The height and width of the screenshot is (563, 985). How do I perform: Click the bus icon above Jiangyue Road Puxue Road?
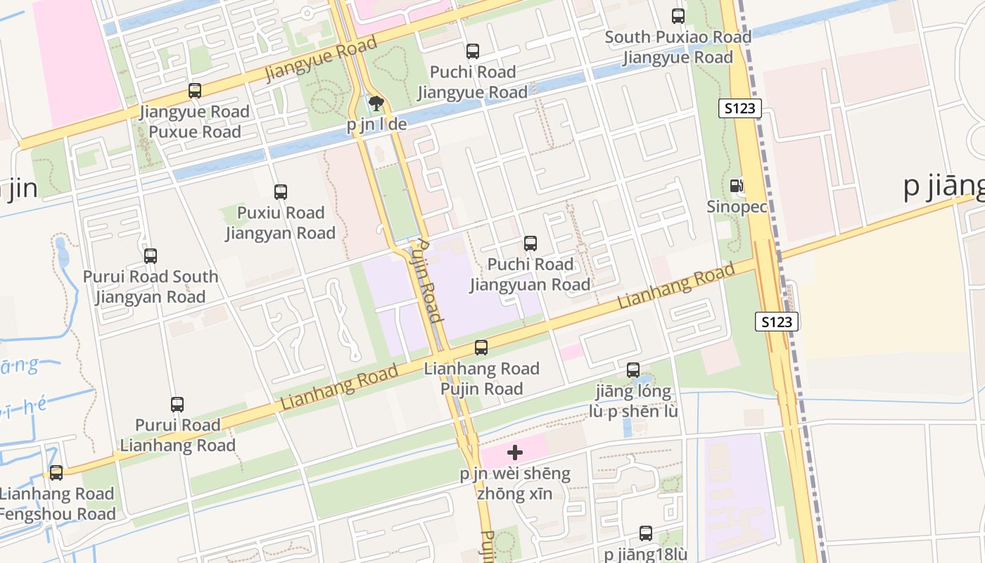click(x=195, y=91)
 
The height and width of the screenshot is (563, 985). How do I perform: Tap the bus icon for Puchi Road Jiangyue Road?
click(x=473, y=51)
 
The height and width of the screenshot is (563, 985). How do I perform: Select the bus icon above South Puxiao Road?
click(x=678, y=16)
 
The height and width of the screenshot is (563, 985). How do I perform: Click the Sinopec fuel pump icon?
click(x=737, y=186)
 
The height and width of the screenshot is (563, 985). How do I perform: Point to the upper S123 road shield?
click(x=740, y=108)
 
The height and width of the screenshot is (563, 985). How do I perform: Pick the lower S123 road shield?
click(x=777, y=322)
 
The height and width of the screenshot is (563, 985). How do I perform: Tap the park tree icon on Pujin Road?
click(x=376, y=104)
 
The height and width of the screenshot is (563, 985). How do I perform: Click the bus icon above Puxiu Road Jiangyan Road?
click(x=281, y=192)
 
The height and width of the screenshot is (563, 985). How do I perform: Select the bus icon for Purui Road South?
click(x=151, y=256)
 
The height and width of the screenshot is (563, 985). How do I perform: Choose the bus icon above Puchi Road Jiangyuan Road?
click(x=530, y=243)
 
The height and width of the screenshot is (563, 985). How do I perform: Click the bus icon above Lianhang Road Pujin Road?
click(x=481, y=348)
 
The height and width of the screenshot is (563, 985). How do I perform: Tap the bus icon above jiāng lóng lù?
click(x=633, y=370)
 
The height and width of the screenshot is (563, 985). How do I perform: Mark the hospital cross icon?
click(x=515, y=453)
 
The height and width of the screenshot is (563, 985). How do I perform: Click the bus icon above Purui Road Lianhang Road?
click(x=177, y=405)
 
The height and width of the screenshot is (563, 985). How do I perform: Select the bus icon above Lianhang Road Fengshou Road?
click(x=56, y=473)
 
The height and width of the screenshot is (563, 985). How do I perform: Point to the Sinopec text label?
click(x=737, y=207)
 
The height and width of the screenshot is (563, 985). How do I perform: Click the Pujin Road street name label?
click(x=426, y=279)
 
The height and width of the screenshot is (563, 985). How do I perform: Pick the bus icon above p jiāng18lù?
click(x=646, y=533)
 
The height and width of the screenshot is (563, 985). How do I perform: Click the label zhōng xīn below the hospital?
click(x=514, y=494)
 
